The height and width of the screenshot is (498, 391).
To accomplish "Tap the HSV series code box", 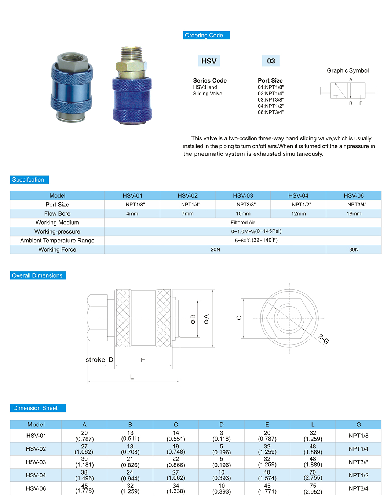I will (x=209, y=61).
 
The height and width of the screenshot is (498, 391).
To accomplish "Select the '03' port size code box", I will (x=271, y=61).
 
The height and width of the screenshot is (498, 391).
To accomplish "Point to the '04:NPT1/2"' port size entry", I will (x=271, y=106).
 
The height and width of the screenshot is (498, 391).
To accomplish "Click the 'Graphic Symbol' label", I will (x=348, y=70).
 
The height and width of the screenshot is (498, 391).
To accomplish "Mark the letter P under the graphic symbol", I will (x=361, y=103).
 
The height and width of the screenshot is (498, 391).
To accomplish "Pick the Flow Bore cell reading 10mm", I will (x=243, y=213).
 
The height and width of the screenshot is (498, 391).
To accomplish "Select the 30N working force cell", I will (x=354, y=249).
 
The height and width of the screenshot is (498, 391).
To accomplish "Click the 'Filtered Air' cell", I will (x=243, y=223).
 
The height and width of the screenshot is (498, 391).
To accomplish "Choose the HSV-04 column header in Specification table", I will (x=298, y=195).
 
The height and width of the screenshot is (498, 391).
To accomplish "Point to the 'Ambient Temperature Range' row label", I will (x=57, y=241).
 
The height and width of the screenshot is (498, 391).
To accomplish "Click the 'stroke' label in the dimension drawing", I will (x=95, y=360).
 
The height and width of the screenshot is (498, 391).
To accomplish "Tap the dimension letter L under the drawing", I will (x=132, y=377).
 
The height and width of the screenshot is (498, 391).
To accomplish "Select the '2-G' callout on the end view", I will (x=323, y=339).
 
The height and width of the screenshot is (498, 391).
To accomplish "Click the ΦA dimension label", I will (x=206, y=319).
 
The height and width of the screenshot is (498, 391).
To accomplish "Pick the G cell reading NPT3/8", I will (x=358, y=462).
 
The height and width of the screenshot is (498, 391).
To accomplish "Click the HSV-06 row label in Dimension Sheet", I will (x=36, y=488).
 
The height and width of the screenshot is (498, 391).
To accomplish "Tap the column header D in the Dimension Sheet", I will (x=222, y=425).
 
